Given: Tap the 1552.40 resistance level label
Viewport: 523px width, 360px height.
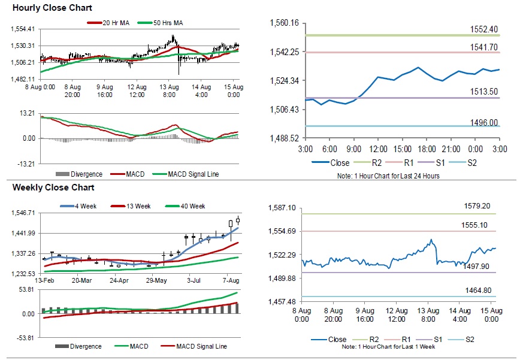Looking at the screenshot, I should point(484,29).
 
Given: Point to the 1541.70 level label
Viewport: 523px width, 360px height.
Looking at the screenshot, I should point(484,47).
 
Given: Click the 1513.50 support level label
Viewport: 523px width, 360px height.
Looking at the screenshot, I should point(484,92).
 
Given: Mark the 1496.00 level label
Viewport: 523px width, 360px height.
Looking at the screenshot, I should point(484,122).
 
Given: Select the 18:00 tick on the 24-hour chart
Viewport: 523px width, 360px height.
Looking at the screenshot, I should point(426,149).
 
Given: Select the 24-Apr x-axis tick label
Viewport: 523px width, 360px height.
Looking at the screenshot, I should point(119,280).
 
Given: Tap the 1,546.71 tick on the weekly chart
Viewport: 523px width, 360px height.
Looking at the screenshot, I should point(24,213).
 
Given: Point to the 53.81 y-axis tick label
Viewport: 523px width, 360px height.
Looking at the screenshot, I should point(26,289).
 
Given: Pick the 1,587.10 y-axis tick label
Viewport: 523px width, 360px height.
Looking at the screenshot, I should point(284,208).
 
